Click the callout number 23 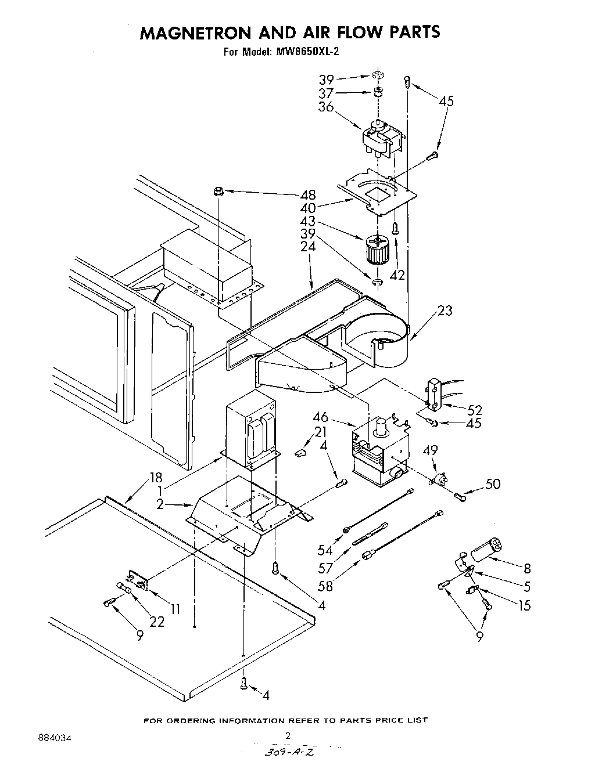click(x=445, y=311)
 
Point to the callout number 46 click(x=320, y=417)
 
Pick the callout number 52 click(x=475, y=410)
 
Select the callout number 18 click(x=156, y=478)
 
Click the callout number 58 click(x=326, y=586)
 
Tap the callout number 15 click(x=524, y=605)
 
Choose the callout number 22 click(x=156, y=622)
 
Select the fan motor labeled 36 click(x=381, y=139)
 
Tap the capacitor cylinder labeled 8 click(x=487, y=548)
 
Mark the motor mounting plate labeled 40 click(x=378, y=193)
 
